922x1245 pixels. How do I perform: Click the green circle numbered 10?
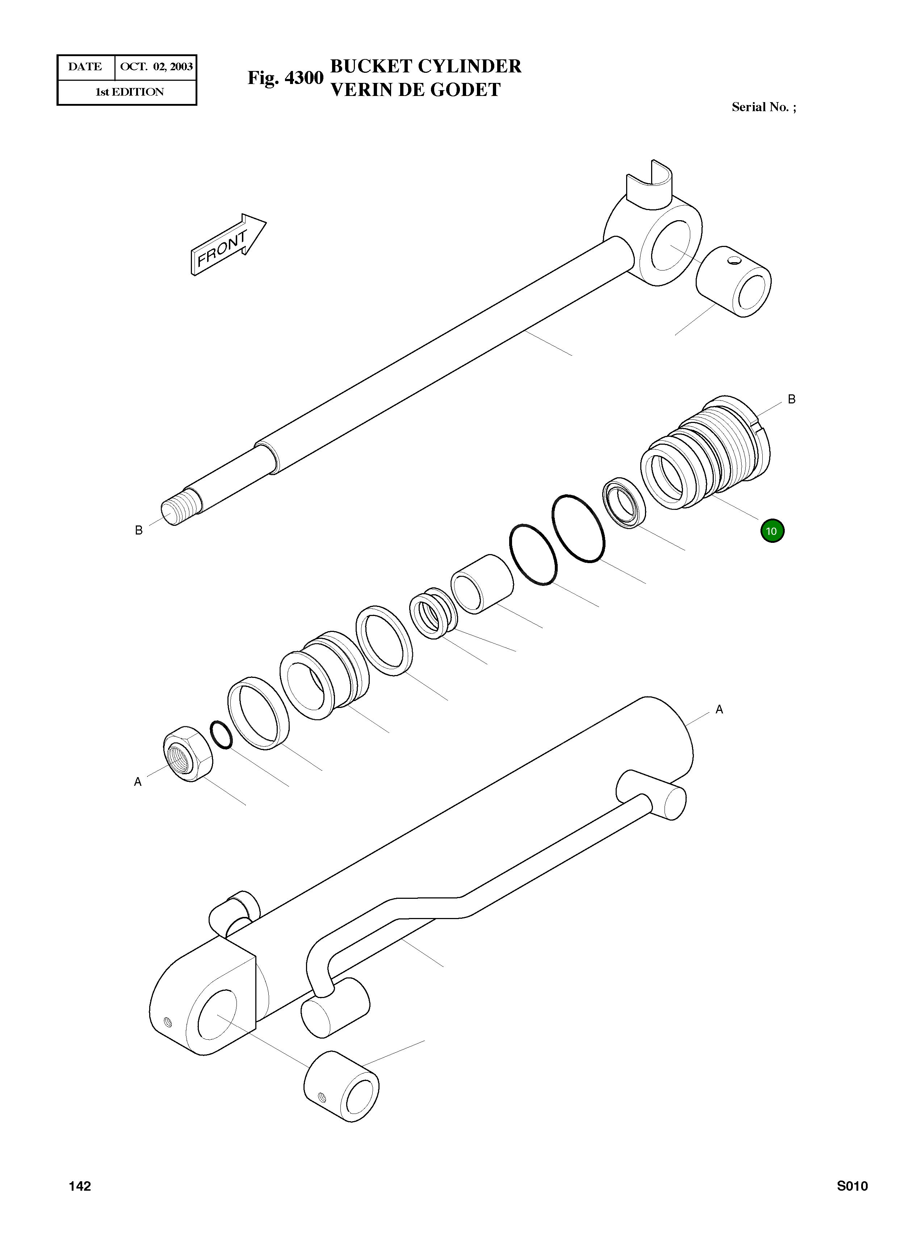click(772, 531)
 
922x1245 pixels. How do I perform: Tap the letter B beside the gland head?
click(791, 399)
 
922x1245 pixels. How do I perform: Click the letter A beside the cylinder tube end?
click(720, 709)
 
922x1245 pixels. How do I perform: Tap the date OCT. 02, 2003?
click(156, 67)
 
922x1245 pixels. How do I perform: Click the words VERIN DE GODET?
click(415, 90)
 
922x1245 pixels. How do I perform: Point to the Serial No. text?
click(763, 107)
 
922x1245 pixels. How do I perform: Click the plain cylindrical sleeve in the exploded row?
click(482, 584)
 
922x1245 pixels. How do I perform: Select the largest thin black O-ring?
click(578, 528)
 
